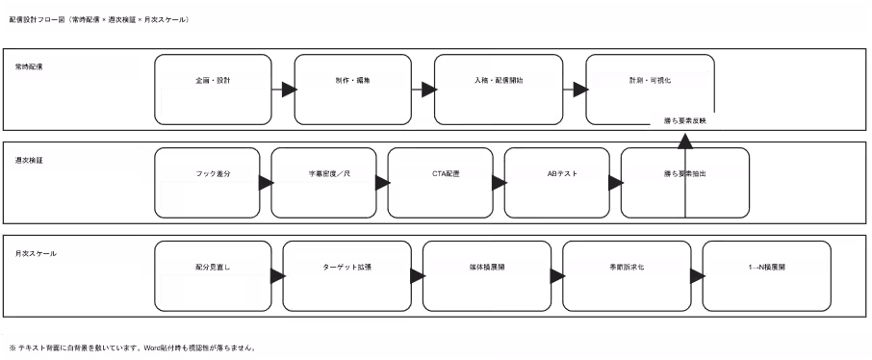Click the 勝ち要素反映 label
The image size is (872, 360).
(x=685, y=121)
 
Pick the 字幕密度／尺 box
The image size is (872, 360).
(x=322, y=174)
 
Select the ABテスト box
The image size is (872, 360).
(x=555, y=174)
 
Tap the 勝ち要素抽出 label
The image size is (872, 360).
(x=684, y=174)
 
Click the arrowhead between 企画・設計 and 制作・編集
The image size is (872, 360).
(x=288, y=90)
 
